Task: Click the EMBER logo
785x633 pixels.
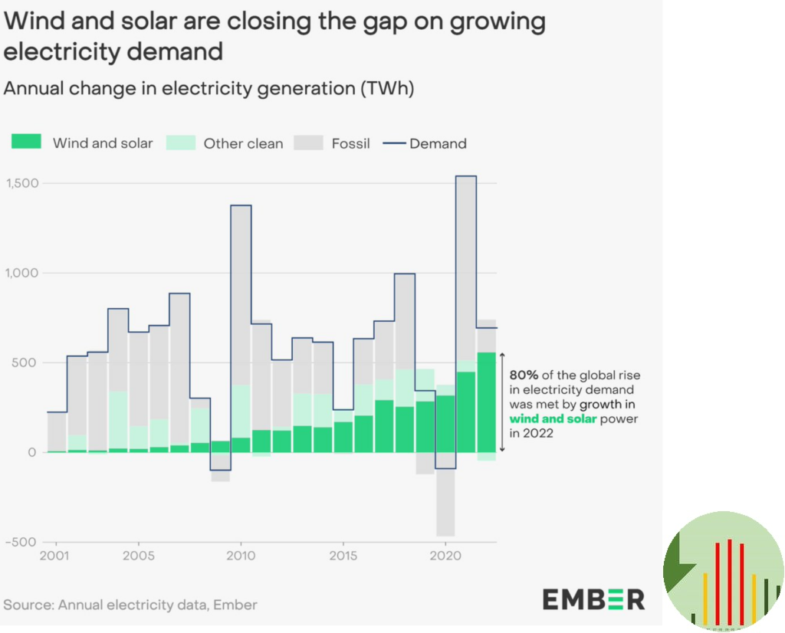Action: [x=593, y=599]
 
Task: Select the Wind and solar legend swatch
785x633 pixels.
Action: [x=26, y=143]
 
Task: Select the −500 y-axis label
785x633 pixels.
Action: [x=21, y=542]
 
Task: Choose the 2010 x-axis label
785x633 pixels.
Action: [x=241, y=556]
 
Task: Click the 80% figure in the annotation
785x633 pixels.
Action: [x=524, y=375]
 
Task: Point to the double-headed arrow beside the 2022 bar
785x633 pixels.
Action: [x=502, y=402]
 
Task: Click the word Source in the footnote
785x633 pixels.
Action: [x=26, y=605]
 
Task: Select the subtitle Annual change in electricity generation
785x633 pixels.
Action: [x=209, y=88]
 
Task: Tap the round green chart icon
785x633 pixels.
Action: [x=723, y=572]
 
